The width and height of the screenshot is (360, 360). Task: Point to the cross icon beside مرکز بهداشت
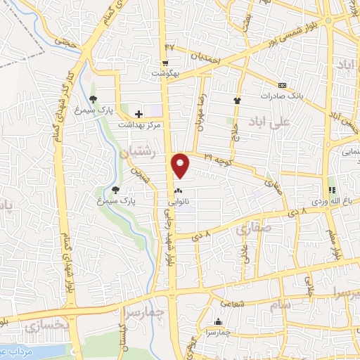click(x=139, y=113)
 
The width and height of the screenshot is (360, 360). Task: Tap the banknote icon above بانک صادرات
click(x=282, y=84)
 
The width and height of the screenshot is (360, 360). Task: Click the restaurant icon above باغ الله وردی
click(x=332, y=190)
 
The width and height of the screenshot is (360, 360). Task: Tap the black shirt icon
click(x=237, y=101)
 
